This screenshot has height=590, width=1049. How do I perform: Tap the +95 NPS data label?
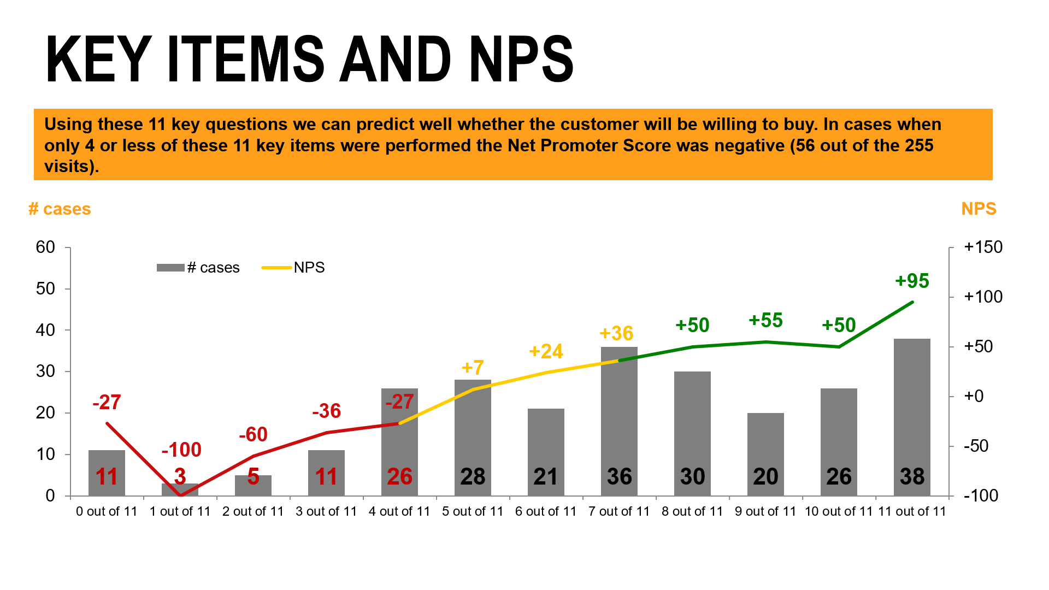pos(912,281)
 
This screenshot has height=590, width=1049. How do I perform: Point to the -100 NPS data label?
pos(181,450)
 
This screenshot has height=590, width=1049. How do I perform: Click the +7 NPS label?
pos(473,368)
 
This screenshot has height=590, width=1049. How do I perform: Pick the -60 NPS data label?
pos(253,434)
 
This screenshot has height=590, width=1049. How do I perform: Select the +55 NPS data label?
pos(765,320)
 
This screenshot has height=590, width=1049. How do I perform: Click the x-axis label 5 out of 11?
pos(473,511)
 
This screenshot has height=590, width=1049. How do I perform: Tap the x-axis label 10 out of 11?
pos(839,511)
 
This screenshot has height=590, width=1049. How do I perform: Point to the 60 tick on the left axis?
pos(46,247)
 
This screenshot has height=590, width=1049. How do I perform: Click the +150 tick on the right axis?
pos(983,247)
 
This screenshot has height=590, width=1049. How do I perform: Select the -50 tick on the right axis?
pos(976,446)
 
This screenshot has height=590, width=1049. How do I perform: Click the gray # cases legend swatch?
pos(170,268)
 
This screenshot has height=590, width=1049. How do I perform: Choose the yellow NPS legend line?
pos(276,268)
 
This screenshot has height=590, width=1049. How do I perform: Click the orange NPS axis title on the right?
pos(979,209)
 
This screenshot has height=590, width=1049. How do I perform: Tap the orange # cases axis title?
pos(60,209)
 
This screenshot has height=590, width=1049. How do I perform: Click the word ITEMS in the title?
pos(246,59)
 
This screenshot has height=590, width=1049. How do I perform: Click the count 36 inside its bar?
pos(619,476)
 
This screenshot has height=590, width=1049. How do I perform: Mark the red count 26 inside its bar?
pos(399,476)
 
